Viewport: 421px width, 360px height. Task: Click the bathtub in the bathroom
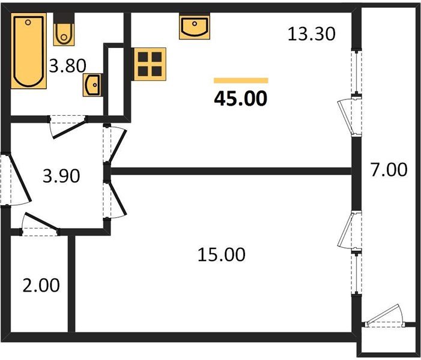coord(29,52)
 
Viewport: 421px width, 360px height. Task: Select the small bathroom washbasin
coord(92,86)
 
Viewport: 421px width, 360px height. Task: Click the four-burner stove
coord(150,63)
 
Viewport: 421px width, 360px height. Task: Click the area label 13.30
coord(310,35)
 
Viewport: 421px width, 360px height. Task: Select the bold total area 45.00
coord(240,98)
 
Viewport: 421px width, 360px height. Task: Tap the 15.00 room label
coord(221,254)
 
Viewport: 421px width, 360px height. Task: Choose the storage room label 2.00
coord(41,285)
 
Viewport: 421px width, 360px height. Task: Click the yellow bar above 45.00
coord(241,80)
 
